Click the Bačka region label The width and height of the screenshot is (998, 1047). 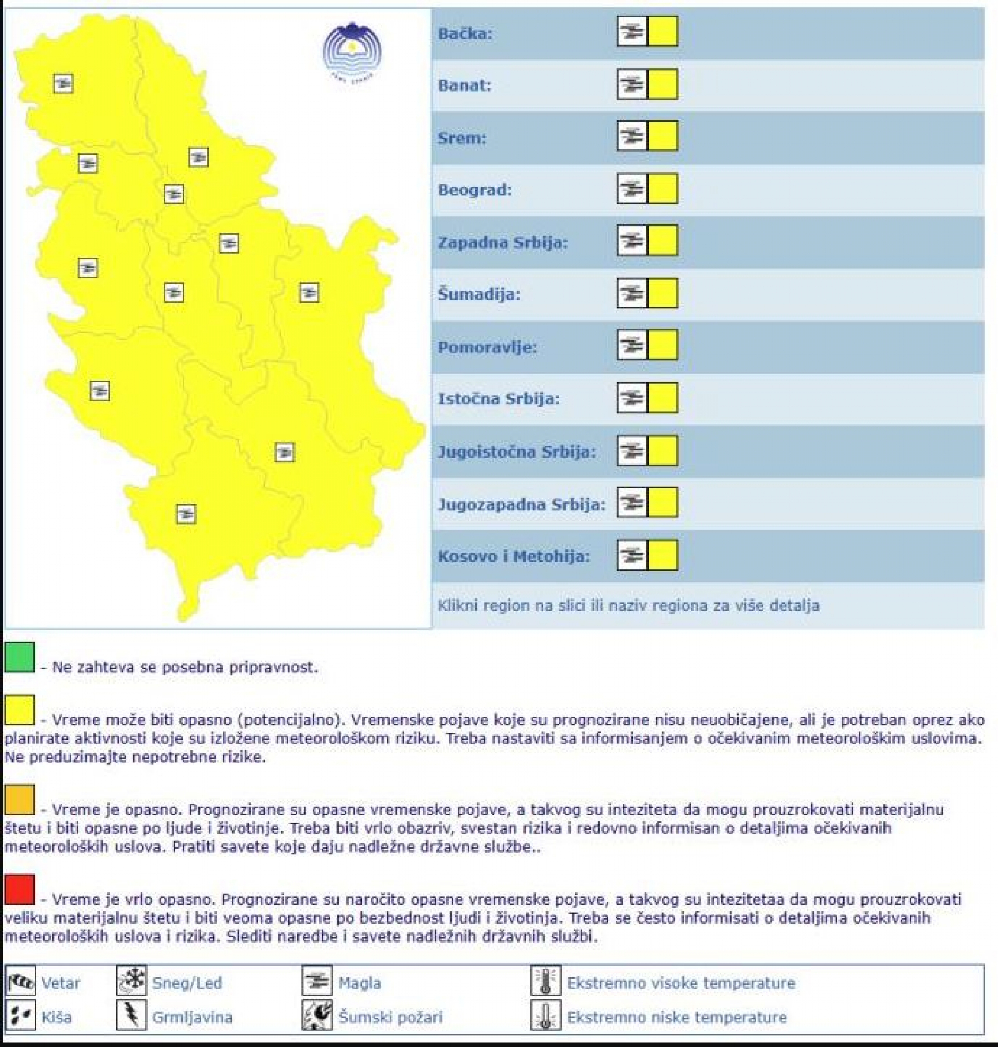tap(465, 34)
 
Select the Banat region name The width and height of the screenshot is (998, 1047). tap(464, 86)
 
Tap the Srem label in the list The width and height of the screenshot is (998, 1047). tap(462, 139)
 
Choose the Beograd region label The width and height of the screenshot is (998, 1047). tap(474, 190)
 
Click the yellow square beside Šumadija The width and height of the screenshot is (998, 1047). tap(663, 293)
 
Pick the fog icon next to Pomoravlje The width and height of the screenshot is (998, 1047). tap(632, 345)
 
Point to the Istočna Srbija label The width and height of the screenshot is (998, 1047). tap(498, 398)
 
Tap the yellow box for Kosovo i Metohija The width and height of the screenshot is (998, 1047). tap(663, 555)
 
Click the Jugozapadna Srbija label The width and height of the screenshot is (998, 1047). tap(521, 504)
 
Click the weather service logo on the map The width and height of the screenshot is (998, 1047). tap(352, 52)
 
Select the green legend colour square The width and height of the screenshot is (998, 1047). tap(19, 657)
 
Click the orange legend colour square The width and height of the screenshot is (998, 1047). tap(19, 800)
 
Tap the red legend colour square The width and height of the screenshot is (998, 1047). tap(19, 889)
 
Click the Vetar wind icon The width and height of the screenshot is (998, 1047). tap(21, 982)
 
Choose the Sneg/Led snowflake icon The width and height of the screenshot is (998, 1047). tap(131, 982)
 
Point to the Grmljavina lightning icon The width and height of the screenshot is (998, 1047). tap(131, 1017)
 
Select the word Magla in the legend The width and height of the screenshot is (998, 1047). tap(359, 983)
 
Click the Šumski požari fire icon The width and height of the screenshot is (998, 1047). tap(317, 1017)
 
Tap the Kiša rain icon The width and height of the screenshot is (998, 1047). tap(21, 1017)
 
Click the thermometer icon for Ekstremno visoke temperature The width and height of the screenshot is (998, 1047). tap(546, 982)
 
